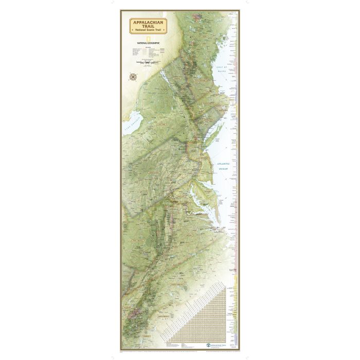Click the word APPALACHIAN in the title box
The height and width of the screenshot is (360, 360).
(x=147, y=22)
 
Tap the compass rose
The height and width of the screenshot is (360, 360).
(x=133, y=77)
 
